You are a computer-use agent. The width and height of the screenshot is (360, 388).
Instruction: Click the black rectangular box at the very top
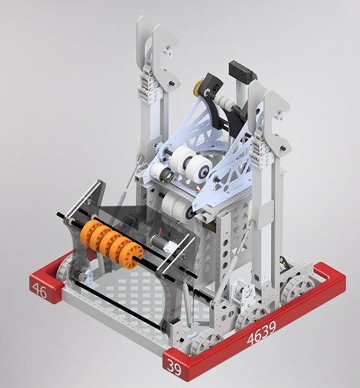coord(241,70)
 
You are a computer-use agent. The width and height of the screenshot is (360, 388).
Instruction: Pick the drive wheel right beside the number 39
coord(203,342)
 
